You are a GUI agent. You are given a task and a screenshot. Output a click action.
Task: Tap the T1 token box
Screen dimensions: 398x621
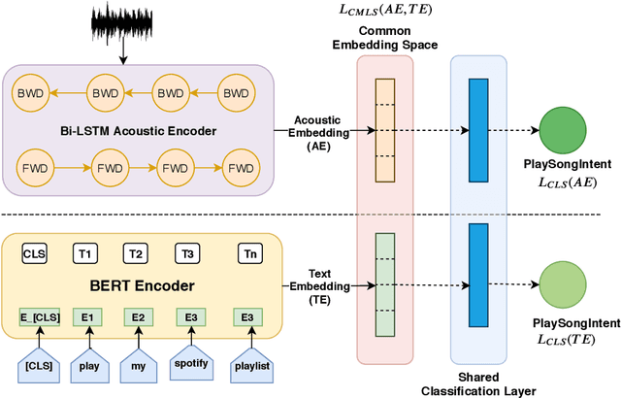coord(86,254)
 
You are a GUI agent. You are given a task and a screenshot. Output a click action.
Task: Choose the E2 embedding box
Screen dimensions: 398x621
coord(138,317)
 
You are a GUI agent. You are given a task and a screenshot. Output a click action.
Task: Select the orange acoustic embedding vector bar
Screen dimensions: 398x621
coord(385,129)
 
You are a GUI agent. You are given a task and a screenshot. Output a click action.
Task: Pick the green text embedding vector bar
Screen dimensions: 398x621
coord(385,285)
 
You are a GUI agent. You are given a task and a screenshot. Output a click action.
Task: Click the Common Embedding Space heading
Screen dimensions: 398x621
coord(385,37)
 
